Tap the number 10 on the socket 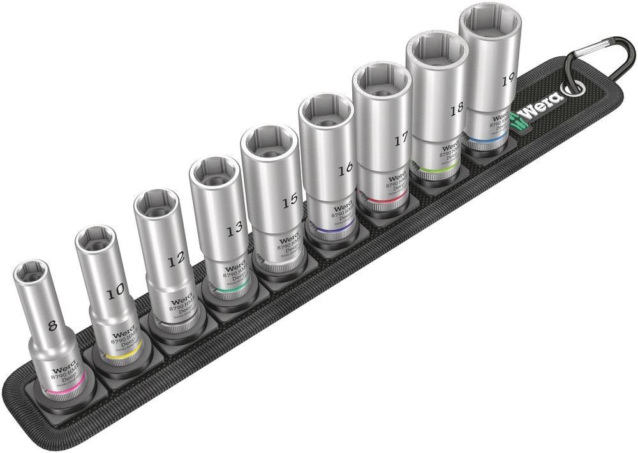click(115, 292)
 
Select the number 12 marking click(175, 259)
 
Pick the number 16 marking click(345, 169)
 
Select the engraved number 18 click(456, 109)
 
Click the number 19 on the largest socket click(508, 80)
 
